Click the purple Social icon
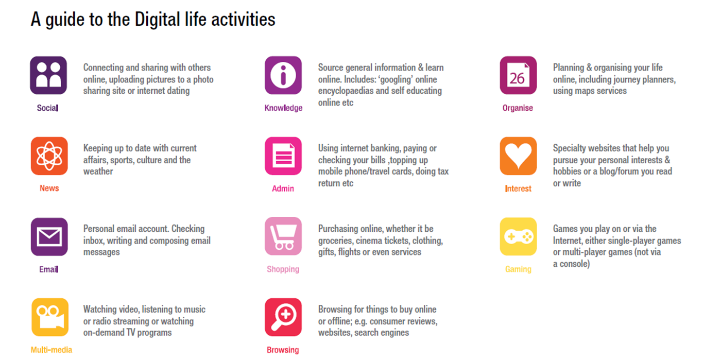pos(48,75)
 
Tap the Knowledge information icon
pos(283,75)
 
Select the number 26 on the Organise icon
pos(517,78)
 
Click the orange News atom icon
pos(49,156)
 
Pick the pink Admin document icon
pos(283,156)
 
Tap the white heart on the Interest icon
pos(518,154)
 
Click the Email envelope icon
pos(49,236)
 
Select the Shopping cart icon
pos(283,236)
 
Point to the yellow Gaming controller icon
pos(518,236)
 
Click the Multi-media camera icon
pos(50,317)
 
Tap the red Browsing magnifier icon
pos(283,317)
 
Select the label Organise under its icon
pos(518,108)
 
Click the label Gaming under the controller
pos(518,269)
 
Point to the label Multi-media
pos(51,350)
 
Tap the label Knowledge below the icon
pos(283,108)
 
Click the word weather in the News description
pos(98,172)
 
